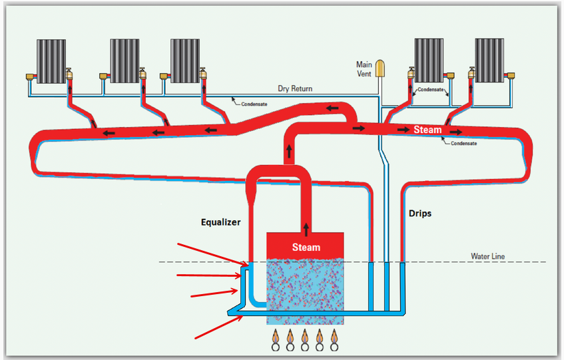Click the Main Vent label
tap(364, 69)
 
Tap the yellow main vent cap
tap(381, 68)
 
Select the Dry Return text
tap(295, 89)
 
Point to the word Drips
tap(420, 214)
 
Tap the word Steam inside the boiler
tap(306, 247)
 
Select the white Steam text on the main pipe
tap(427, 129)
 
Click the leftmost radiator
tap(51, 61)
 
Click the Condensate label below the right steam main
tap(463, 143)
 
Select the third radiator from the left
tap(184, 61)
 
